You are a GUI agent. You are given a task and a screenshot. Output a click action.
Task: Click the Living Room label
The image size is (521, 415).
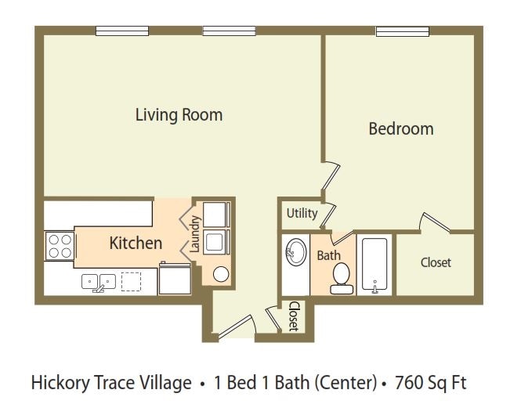pyautogui.click(x=179, y=115)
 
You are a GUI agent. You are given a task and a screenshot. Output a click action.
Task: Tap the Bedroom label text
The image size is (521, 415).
pyautogui.click(x=401, y=129)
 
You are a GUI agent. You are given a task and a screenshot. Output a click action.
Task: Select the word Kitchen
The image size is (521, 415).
pyautogui.click(x=136, y=243)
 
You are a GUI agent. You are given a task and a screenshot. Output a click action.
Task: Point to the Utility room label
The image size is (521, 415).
pyautogui.click(x=302, y=213)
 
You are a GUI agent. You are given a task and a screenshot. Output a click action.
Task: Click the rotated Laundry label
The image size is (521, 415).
pyautogui.click(x=195, y=233)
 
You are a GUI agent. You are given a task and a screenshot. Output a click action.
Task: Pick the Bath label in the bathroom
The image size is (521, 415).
pyautogui.click(x=328, y=255)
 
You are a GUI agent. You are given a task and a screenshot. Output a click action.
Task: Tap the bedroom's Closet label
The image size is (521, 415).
pyautogui.click(x=436, y=262)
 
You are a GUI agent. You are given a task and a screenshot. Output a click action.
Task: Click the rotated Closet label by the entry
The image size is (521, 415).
pyautogui.click(x=294, y=316)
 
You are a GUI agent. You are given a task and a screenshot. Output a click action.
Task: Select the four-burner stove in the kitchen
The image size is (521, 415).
pyautogui.click(x=60, y=246)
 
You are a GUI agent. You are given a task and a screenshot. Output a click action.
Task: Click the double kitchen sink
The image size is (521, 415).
pyautogui.click(x=99, y=283)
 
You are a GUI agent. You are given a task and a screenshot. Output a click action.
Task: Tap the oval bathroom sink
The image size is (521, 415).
pyautogui.click(x=296, y=252)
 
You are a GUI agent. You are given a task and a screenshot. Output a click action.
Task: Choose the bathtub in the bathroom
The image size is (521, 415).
pyautogui.click(x=374, y=265)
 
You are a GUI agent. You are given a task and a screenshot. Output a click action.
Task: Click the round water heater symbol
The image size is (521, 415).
pyautogui.click(x=221, y=274)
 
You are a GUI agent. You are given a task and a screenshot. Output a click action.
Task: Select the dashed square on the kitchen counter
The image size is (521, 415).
pyautogui.click(x=131, y=282)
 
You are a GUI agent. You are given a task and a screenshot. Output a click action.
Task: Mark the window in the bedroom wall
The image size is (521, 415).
pyautogui.click(x=403, y=31)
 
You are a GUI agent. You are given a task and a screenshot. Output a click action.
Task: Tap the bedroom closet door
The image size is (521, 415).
pyautogui.click(x=436, y=223)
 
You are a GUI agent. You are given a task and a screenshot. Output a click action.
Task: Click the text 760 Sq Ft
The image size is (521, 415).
pyautogui.click(x=431, y=382)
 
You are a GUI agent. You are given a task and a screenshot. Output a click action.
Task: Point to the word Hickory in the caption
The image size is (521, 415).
pyautogui.click(x=60, y=383)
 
